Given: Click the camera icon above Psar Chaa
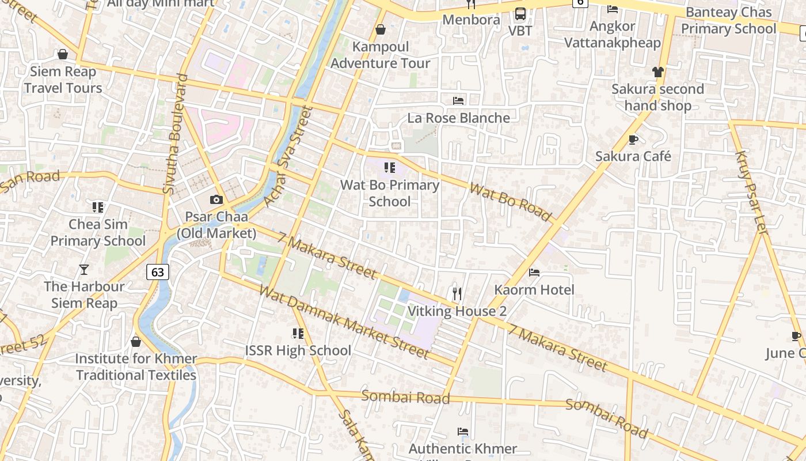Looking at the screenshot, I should point(216,200).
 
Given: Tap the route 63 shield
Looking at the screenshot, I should point(158,271).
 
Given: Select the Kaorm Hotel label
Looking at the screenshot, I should point(534,289).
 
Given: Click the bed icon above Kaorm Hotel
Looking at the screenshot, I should point(534,272).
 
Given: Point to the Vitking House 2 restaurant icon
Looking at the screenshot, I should point(457,294).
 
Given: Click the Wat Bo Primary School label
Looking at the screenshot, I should point(390,193).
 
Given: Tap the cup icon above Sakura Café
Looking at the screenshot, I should point(633,139).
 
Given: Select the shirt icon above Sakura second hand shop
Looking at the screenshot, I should point(658,72).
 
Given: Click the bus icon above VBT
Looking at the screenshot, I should point(520,14).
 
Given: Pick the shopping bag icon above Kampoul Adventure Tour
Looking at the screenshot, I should point(380,29).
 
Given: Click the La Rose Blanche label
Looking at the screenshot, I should point(458,118).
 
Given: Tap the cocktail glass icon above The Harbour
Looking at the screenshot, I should point(84,269).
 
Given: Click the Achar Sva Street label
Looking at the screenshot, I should point(287,156).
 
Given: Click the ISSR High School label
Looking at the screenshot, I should point(298,350).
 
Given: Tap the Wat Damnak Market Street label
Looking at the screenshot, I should point(344,321).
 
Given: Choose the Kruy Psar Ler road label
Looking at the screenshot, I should point(752,192).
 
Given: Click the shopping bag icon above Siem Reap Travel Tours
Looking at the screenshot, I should point(63,55).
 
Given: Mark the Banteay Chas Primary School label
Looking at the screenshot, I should point(728,21).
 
